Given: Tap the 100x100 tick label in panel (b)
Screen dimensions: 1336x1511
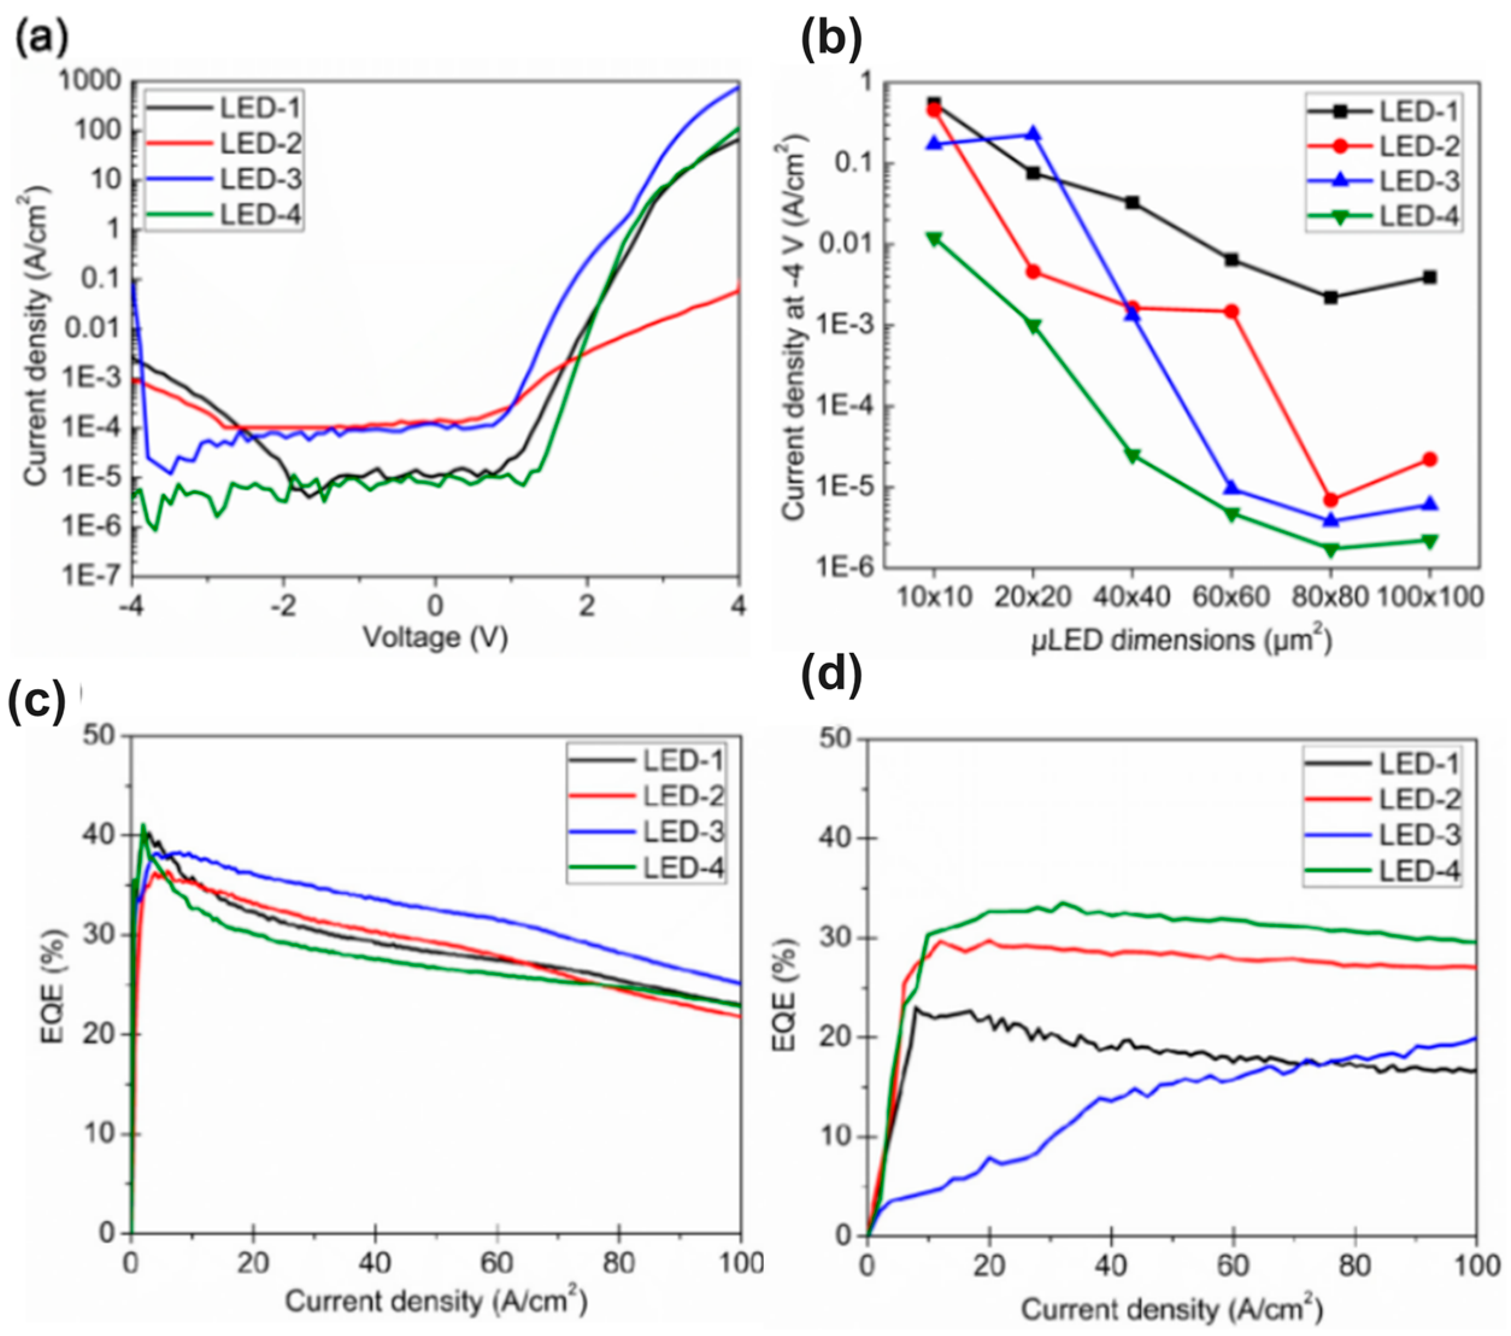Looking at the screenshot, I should [1430, 596].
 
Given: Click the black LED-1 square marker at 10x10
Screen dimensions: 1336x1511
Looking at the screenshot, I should [934, 104].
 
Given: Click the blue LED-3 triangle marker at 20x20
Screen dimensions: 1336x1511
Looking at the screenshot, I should [1033, 134].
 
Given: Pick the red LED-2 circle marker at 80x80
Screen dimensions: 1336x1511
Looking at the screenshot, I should [1331, 499].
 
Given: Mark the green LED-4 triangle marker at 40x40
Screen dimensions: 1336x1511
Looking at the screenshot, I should [1132, 455].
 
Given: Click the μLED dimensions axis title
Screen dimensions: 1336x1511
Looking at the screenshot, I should [1181, 640].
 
